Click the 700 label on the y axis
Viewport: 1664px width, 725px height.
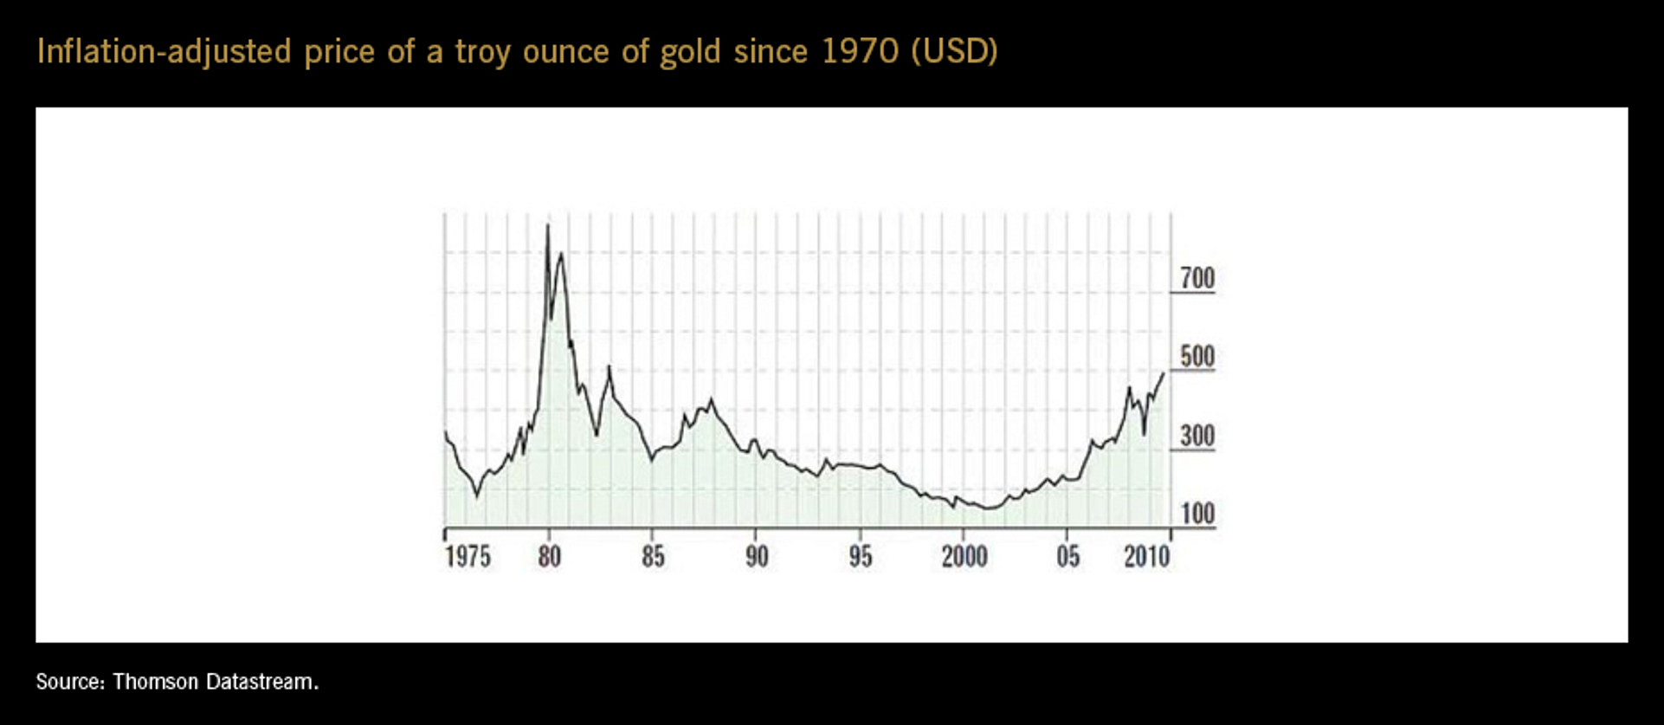1197,278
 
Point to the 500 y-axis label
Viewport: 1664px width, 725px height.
1197,357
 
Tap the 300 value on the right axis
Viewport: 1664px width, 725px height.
1197,436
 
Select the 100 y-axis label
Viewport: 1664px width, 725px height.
1197,514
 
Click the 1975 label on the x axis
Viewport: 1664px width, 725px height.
468,556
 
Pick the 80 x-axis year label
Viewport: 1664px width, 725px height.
549,556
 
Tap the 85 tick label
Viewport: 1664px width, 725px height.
653,556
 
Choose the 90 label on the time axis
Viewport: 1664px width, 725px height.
757,556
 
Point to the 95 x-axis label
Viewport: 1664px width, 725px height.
860,556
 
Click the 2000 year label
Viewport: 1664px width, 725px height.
964,556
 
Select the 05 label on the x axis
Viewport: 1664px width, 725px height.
1067,556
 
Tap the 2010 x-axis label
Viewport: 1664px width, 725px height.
1146,556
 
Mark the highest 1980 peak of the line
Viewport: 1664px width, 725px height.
547,225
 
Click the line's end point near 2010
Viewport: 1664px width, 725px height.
1164,373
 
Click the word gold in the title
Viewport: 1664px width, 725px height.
690,52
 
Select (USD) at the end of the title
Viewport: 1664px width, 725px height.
954,52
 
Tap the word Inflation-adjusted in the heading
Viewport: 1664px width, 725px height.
164,52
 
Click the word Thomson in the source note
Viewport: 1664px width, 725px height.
155,682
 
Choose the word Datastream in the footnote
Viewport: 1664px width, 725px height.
261,682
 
